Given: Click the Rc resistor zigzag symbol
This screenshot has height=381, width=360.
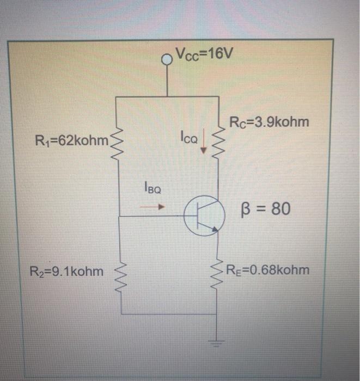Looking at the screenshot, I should (218, 143).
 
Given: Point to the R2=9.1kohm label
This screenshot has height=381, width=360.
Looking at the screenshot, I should (68, 270).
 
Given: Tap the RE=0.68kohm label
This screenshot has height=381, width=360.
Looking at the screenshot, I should (267, 269).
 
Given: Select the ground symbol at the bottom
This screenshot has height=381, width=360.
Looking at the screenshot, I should (219, 343).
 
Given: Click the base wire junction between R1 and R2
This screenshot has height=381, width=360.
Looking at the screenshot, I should (120, 216).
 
